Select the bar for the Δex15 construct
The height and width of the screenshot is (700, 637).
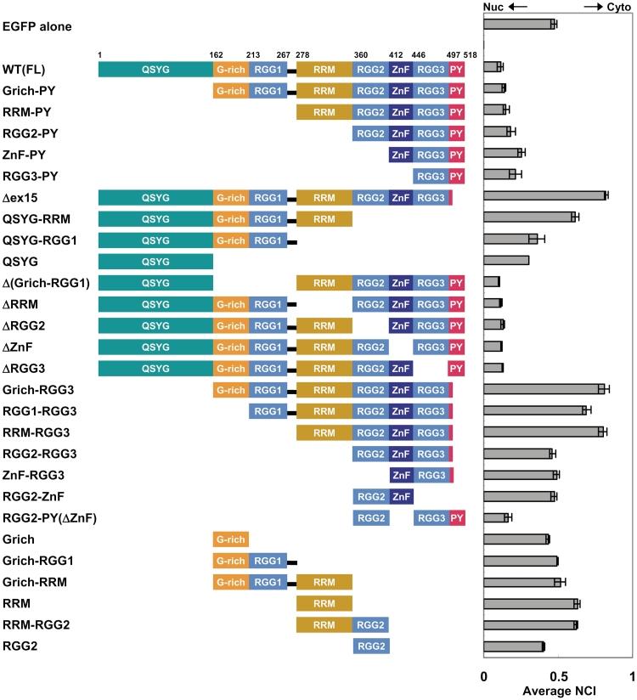coord(544,197)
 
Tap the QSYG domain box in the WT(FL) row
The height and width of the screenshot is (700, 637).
coord(155,69)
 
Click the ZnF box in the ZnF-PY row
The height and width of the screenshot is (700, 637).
coord(400,154)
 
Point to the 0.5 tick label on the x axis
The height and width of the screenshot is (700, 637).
coord(557,677)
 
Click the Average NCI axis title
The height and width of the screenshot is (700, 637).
coord(557,692)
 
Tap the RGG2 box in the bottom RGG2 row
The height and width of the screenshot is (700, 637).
coord(370,646)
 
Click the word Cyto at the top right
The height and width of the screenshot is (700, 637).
coord(612,7)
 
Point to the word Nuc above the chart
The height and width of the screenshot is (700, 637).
coord(494,7)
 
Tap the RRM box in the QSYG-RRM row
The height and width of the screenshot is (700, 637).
coord(324,218)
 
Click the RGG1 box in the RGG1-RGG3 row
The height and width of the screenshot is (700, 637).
coord(268,410)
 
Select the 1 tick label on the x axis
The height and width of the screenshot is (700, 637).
coord(632,677)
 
